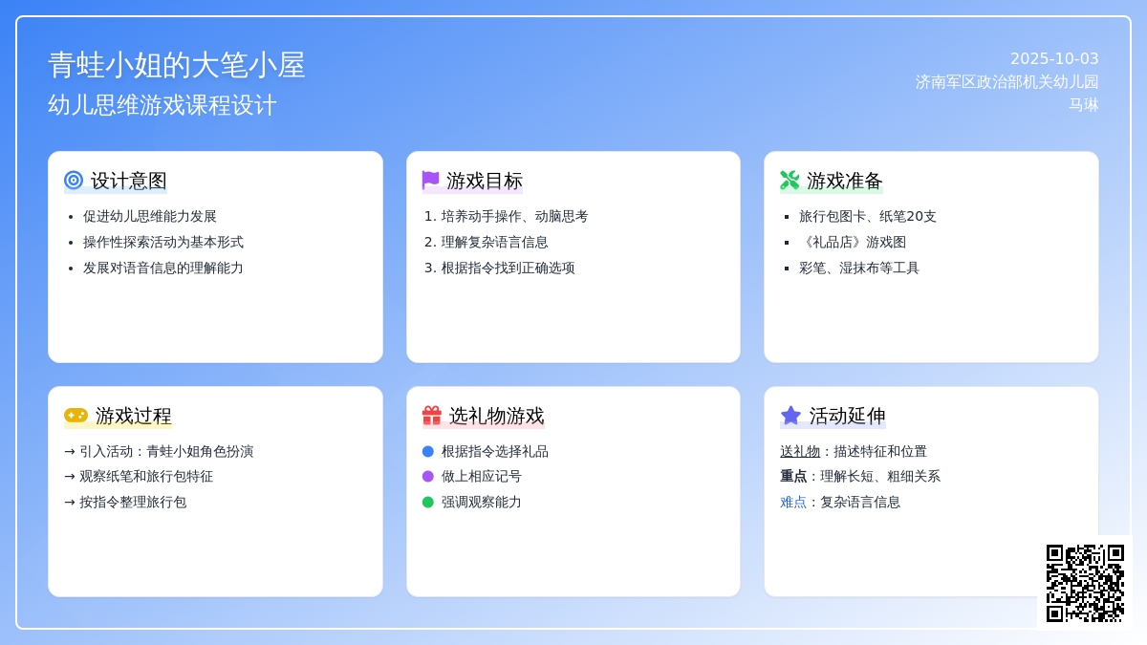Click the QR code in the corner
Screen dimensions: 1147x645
click(x=1085, y=583)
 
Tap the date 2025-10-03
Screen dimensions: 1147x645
click(x=1054, y=59)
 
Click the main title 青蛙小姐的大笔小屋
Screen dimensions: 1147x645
click(x=177, y=65)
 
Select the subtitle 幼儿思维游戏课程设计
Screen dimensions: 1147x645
click(x=162, y=105)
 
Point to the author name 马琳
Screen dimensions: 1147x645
click(x=1084, y=105)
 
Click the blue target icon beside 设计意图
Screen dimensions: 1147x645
click(x=74, y=181)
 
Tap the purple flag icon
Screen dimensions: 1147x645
click(x=431, y=180)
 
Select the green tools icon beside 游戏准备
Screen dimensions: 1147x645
click(x=790, y=181)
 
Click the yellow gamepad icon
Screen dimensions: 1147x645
click(x=76, y=415)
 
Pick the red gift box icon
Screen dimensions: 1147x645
click(x=432, y=415)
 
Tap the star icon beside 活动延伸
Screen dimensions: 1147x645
click(x=790, y=415)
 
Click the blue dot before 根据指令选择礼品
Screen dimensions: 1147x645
click(x=428, y=451)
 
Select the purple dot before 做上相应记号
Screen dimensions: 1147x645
click(x=428, y=477)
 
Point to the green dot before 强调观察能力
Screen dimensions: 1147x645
click(x=428, y=503)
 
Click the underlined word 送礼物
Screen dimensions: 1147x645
click(x=800, y=451)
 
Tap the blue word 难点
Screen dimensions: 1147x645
click(x=793, y=503)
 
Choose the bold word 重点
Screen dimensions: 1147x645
click(x=793, y=477)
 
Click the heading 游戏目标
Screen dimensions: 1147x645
click(x=485, y=181)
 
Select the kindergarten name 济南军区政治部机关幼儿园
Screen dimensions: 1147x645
click(x=1006, y=82)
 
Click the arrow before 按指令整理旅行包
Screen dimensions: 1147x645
click(x=70, y=503)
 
